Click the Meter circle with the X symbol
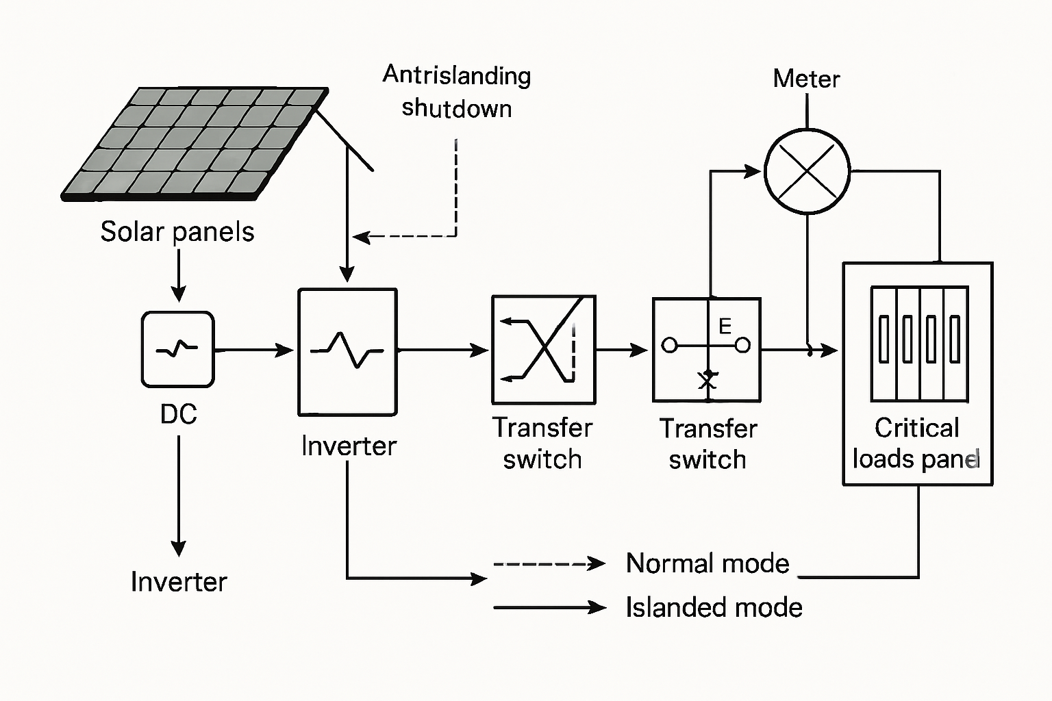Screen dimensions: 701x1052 pyautogui.click(x=807, y=171)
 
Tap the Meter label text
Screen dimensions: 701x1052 pyautogui.click(x=806, y=79)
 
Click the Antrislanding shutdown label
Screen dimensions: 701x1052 pyautogui.click(x=457, y=92)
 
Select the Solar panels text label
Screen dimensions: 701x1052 pyautogui.click(x=177, y=231)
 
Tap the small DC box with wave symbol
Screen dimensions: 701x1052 pyautogui.click(x=178, y=349)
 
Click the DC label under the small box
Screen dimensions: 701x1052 pyautogui.click(x=178, y=414)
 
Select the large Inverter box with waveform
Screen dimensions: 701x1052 pyautogui.click(x=347, y=352)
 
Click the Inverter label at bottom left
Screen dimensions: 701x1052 pyautogui.click(x=178, y=582)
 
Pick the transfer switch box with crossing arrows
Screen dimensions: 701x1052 pyautogui.click(x=544, y=350)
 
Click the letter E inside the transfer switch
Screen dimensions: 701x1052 pyautogui.click(x=725, y=327)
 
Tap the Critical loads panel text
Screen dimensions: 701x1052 pyautogui.click(x=916, y=443)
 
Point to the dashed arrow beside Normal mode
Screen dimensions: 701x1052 pyautogui.click(x=548, y=564)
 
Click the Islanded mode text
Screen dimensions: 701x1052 pyautogui.click(x=714, y=607)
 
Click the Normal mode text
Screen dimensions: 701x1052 pyautogui.click(x=707, y=563)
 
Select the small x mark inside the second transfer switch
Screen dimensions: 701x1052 pyautogui.click(x=707, y=380)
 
